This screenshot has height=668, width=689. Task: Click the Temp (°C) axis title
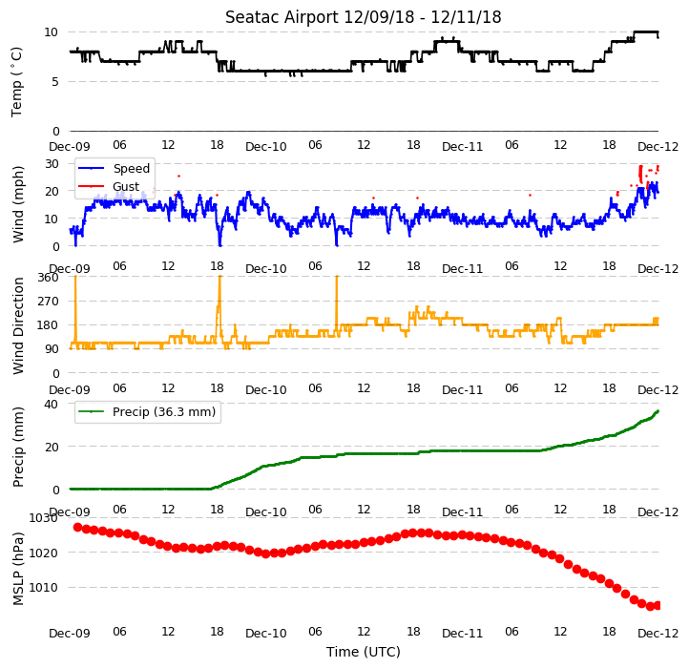[x=16, y=82]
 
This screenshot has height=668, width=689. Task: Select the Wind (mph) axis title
[x=17, y=204]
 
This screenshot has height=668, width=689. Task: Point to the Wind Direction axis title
[x=17, y=325]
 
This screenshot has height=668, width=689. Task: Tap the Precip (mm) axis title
[x=17, y=447]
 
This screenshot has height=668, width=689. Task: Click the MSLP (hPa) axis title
[x=17, y=569]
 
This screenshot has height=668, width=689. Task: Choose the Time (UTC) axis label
[x=364, y=652]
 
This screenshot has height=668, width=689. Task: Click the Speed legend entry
[x=132, y=168]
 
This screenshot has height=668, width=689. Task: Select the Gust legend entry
[x=126, y=187]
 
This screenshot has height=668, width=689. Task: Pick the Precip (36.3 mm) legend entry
[x=164, y=412]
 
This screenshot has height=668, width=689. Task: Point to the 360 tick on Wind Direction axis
[x=48, y=278]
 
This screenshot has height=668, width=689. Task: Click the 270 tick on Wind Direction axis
[x=48, y=302]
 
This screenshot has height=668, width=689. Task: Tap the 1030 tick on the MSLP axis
[x=43, y=518]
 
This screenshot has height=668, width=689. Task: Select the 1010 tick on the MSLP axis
[x=43, y=588]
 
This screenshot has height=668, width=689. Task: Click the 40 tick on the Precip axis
[x=52, y=404]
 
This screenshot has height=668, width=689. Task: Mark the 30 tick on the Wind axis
[x=52, y=164]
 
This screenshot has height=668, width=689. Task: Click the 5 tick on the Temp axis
[x=54, y=82]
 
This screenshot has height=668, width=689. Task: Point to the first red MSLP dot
[x=78, y=528]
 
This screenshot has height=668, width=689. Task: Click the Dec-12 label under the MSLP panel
[x=658, y=634]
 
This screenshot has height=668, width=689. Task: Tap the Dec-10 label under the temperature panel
[x=266, y=147]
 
